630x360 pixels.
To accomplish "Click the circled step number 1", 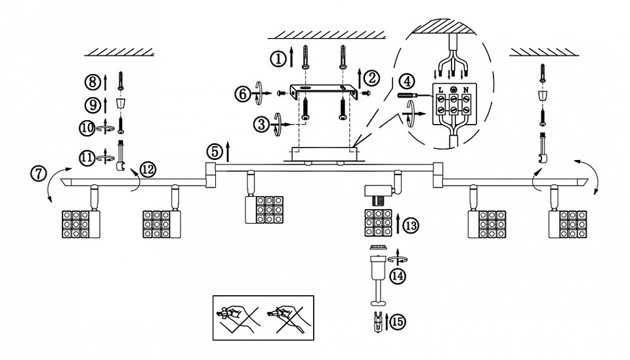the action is pos(278,59).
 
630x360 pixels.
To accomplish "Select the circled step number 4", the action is pos(408,81).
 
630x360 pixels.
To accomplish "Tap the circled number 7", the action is pos(38,173).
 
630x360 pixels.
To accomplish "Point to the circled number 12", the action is pos(148,169).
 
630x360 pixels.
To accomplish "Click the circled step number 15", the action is pos(398,322).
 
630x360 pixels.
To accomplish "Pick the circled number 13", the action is pos(411,225).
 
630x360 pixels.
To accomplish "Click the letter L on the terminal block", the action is pos(441,89).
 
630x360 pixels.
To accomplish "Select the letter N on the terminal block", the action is pos(466,89).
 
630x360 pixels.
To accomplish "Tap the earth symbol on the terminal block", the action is pos(453,89).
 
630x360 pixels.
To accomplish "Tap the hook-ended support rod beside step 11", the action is pos(120,155).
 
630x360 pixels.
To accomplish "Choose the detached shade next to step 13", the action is pos(378,223).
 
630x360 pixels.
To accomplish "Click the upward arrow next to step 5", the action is pos(228,151).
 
